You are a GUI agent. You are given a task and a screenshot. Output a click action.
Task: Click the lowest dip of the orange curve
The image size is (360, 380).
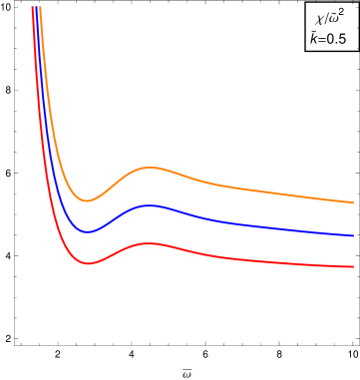coord(87,200)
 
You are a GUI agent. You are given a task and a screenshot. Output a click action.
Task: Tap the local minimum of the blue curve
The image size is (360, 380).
coord(88,231)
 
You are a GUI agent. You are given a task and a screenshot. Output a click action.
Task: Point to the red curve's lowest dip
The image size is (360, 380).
coord(90,263)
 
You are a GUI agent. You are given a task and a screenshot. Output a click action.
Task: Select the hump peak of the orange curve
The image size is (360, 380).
coord(150,168)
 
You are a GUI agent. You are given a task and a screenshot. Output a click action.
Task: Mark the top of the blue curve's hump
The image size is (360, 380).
coord(150,205)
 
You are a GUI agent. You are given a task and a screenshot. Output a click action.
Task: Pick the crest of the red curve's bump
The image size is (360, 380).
coord(150,243)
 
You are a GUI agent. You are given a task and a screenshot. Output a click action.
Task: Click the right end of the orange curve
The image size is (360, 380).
coord(353,202)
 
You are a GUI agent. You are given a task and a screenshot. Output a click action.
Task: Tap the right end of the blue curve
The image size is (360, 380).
coord(353,236)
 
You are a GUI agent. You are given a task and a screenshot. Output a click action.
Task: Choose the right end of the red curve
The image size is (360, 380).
coord(353,266)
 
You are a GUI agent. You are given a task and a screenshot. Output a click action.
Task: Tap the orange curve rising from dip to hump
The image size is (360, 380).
coord(118,181)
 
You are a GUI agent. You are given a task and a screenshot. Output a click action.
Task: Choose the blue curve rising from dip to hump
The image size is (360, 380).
coord(118,215)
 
